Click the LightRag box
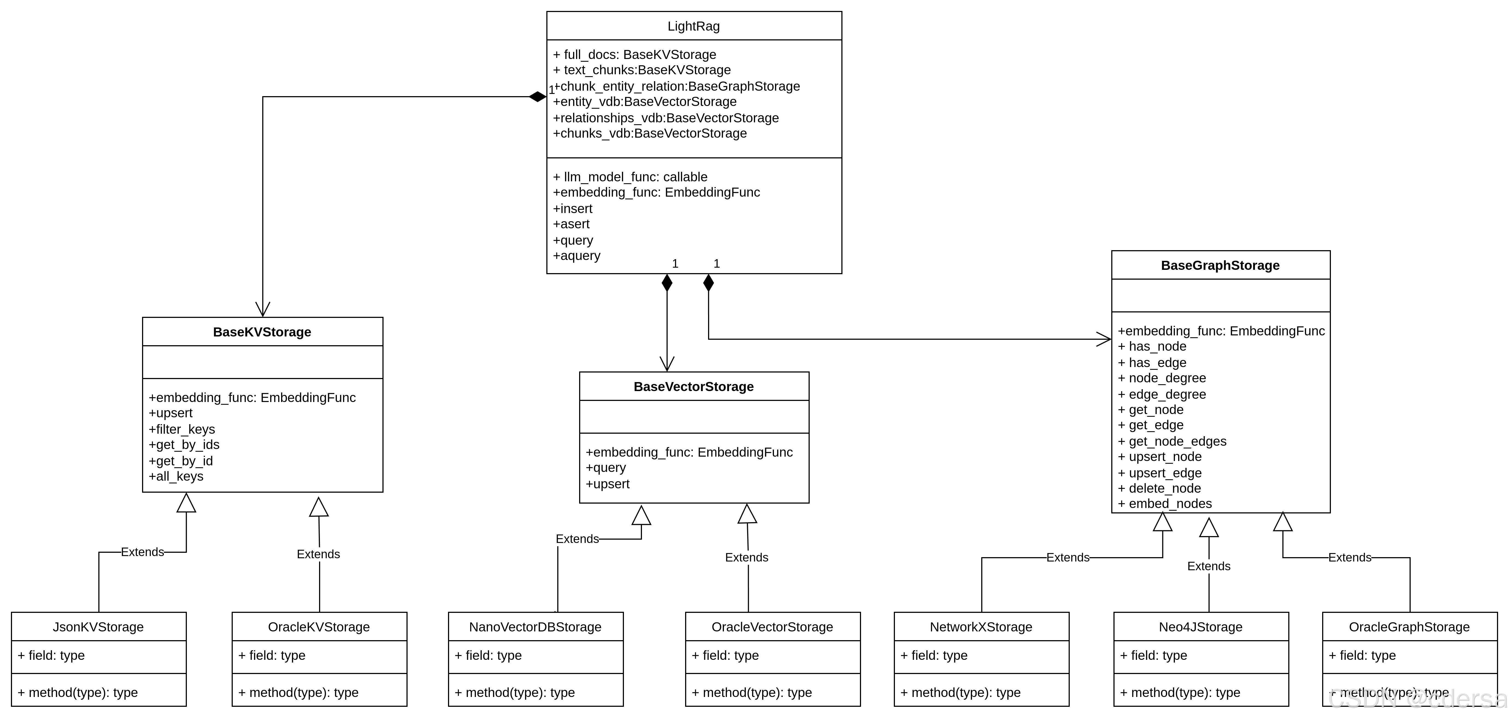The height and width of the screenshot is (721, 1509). pos(694,26)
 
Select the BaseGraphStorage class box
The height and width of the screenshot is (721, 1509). pos(1220,265)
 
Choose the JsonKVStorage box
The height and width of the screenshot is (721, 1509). pos(98,627)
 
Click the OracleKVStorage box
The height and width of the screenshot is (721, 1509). pos(319,627)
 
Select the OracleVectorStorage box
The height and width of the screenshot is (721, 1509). pos(772,627)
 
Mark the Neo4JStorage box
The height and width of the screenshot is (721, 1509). pos(1200,627)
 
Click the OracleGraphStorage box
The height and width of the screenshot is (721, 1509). pos(1409,627)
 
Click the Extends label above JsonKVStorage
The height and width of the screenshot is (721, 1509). pos(142,552)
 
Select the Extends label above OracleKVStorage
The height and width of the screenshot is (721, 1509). pos(318,554)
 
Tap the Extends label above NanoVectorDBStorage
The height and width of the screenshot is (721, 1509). pos(577,539)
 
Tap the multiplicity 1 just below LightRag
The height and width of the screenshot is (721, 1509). pos(551,90)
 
